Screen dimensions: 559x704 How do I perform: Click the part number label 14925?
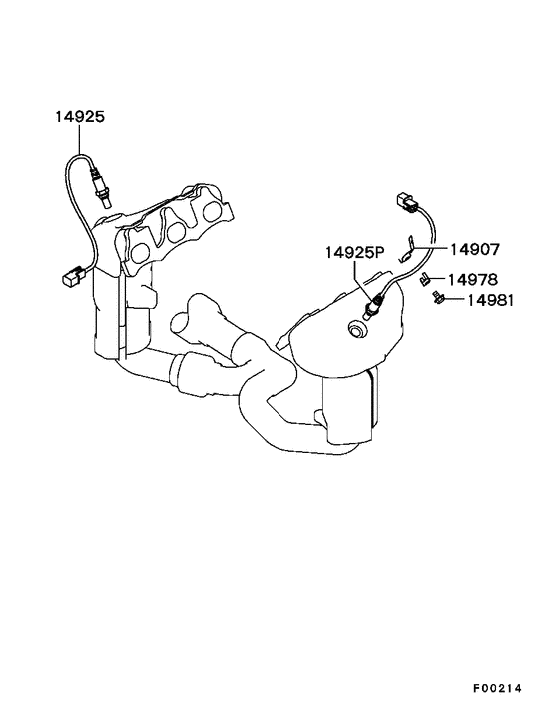(80, 117)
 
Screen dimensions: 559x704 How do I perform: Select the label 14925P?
(355, 252)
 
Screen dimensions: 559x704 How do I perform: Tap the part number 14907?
(475, 249)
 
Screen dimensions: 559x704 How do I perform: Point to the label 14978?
(473, 280)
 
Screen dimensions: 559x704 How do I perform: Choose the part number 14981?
(490, 300)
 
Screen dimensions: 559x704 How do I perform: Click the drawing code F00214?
(497, 688)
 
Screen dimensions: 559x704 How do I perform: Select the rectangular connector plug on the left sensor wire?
(73, 275)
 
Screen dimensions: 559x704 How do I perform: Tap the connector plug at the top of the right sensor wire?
(407, 203)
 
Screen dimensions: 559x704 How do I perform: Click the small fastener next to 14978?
(424, 280)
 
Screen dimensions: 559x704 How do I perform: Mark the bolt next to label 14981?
(436, 298)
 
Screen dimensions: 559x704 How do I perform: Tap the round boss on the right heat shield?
(357, 329)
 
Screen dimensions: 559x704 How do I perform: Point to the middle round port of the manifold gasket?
(175, 231)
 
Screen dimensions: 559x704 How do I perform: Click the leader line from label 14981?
(454, 298)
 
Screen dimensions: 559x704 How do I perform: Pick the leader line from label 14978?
(437, 279)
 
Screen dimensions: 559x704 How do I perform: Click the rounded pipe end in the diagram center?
(181, 321)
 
